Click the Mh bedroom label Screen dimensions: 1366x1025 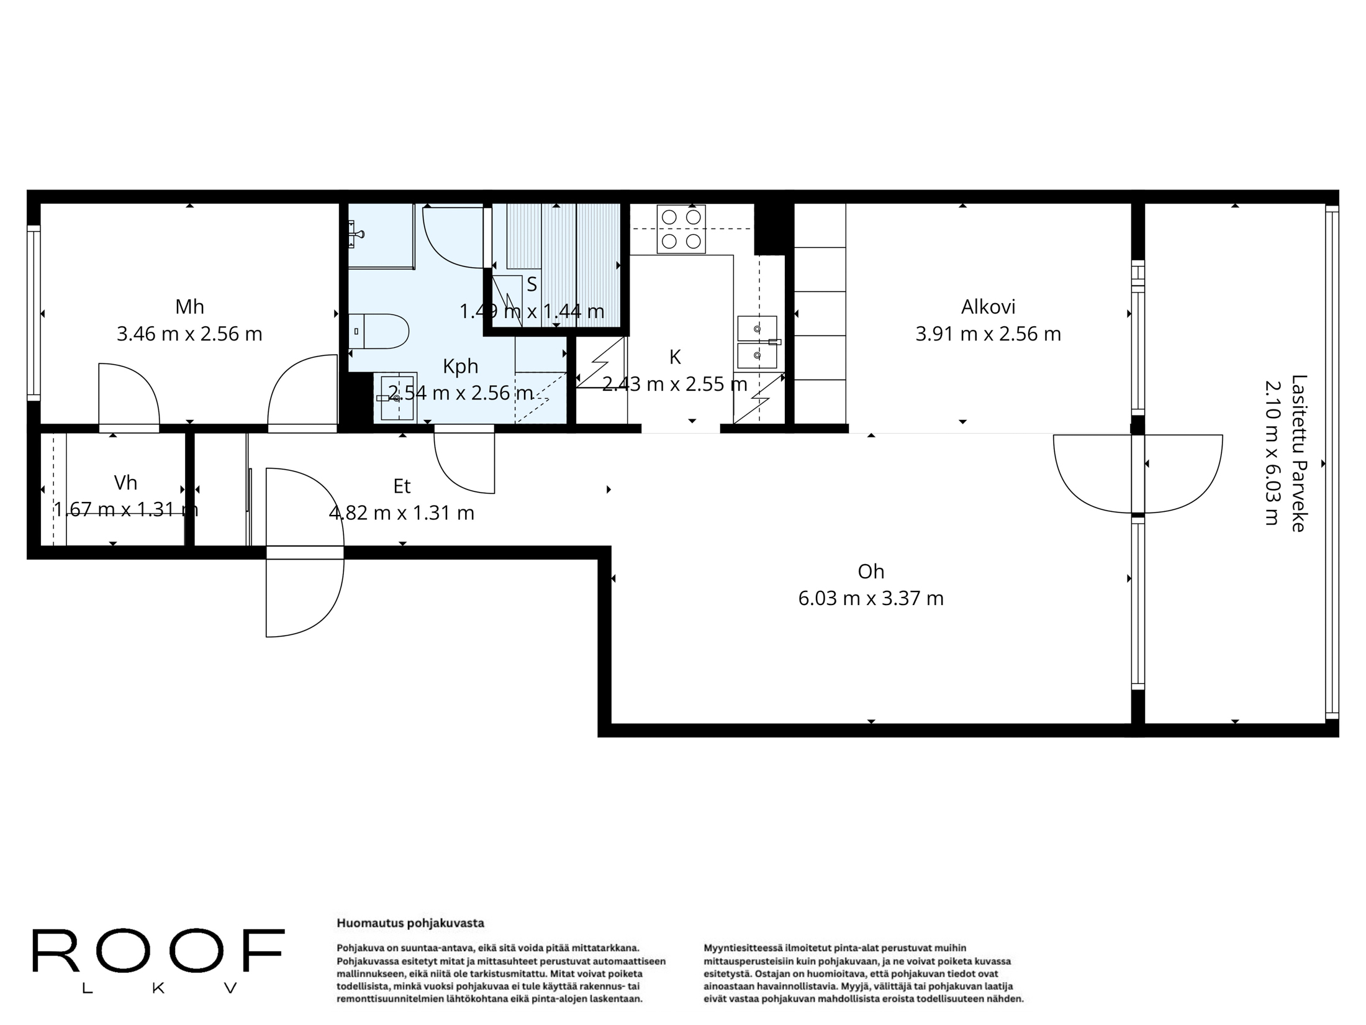(189, 307)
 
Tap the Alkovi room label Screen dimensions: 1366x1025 (988, 307)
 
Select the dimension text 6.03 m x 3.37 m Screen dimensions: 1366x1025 (871, 598)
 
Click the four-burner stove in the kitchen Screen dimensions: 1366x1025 (681, 229)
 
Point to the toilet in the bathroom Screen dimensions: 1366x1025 (378, 331)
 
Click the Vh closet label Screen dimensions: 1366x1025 (125, 483)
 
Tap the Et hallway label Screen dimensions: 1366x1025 (402, 486)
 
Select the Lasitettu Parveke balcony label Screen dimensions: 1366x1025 (1299, 453)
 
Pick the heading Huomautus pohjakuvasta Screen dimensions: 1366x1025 (410, 923)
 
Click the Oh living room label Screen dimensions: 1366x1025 (871, 572)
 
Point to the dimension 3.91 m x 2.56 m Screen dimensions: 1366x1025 (988, 334)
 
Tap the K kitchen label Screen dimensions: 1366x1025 (675, 357)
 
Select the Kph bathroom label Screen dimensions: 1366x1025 (460, 367)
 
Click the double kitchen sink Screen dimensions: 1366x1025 (757, 342)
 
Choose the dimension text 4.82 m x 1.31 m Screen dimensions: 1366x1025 (402, 513)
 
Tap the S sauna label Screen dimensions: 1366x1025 (531, 285)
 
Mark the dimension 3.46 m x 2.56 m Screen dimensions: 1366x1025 (189, 334)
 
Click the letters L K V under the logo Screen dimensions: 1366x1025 (160, 988)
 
